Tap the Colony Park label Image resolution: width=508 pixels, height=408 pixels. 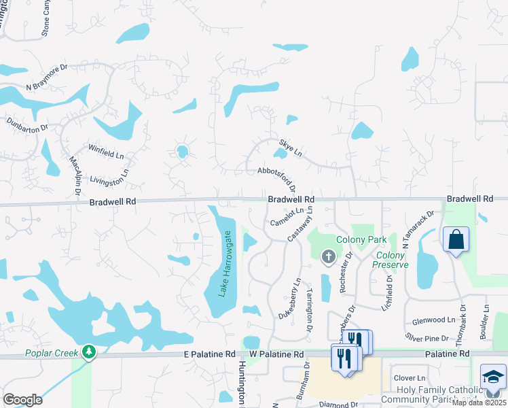[361, 239]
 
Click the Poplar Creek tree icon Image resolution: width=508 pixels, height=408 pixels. [88, 351]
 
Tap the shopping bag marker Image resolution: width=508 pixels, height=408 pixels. [455, 240]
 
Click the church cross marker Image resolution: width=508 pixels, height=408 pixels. [328, 256]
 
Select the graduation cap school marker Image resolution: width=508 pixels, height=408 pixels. [493, 377]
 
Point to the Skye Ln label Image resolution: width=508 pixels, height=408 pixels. [291, 148]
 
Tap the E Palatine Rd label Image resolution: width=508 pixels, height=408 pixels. [208, 354]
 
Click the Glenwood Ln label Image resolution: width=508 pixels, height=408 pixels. [433, 320]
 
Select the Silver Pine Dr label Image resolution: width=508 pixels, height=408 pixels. [427, 338]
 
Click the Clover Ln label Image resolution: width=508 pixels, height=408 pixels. [410, 378]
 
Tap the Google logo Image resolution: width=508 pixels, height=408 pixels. [22, 400]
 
